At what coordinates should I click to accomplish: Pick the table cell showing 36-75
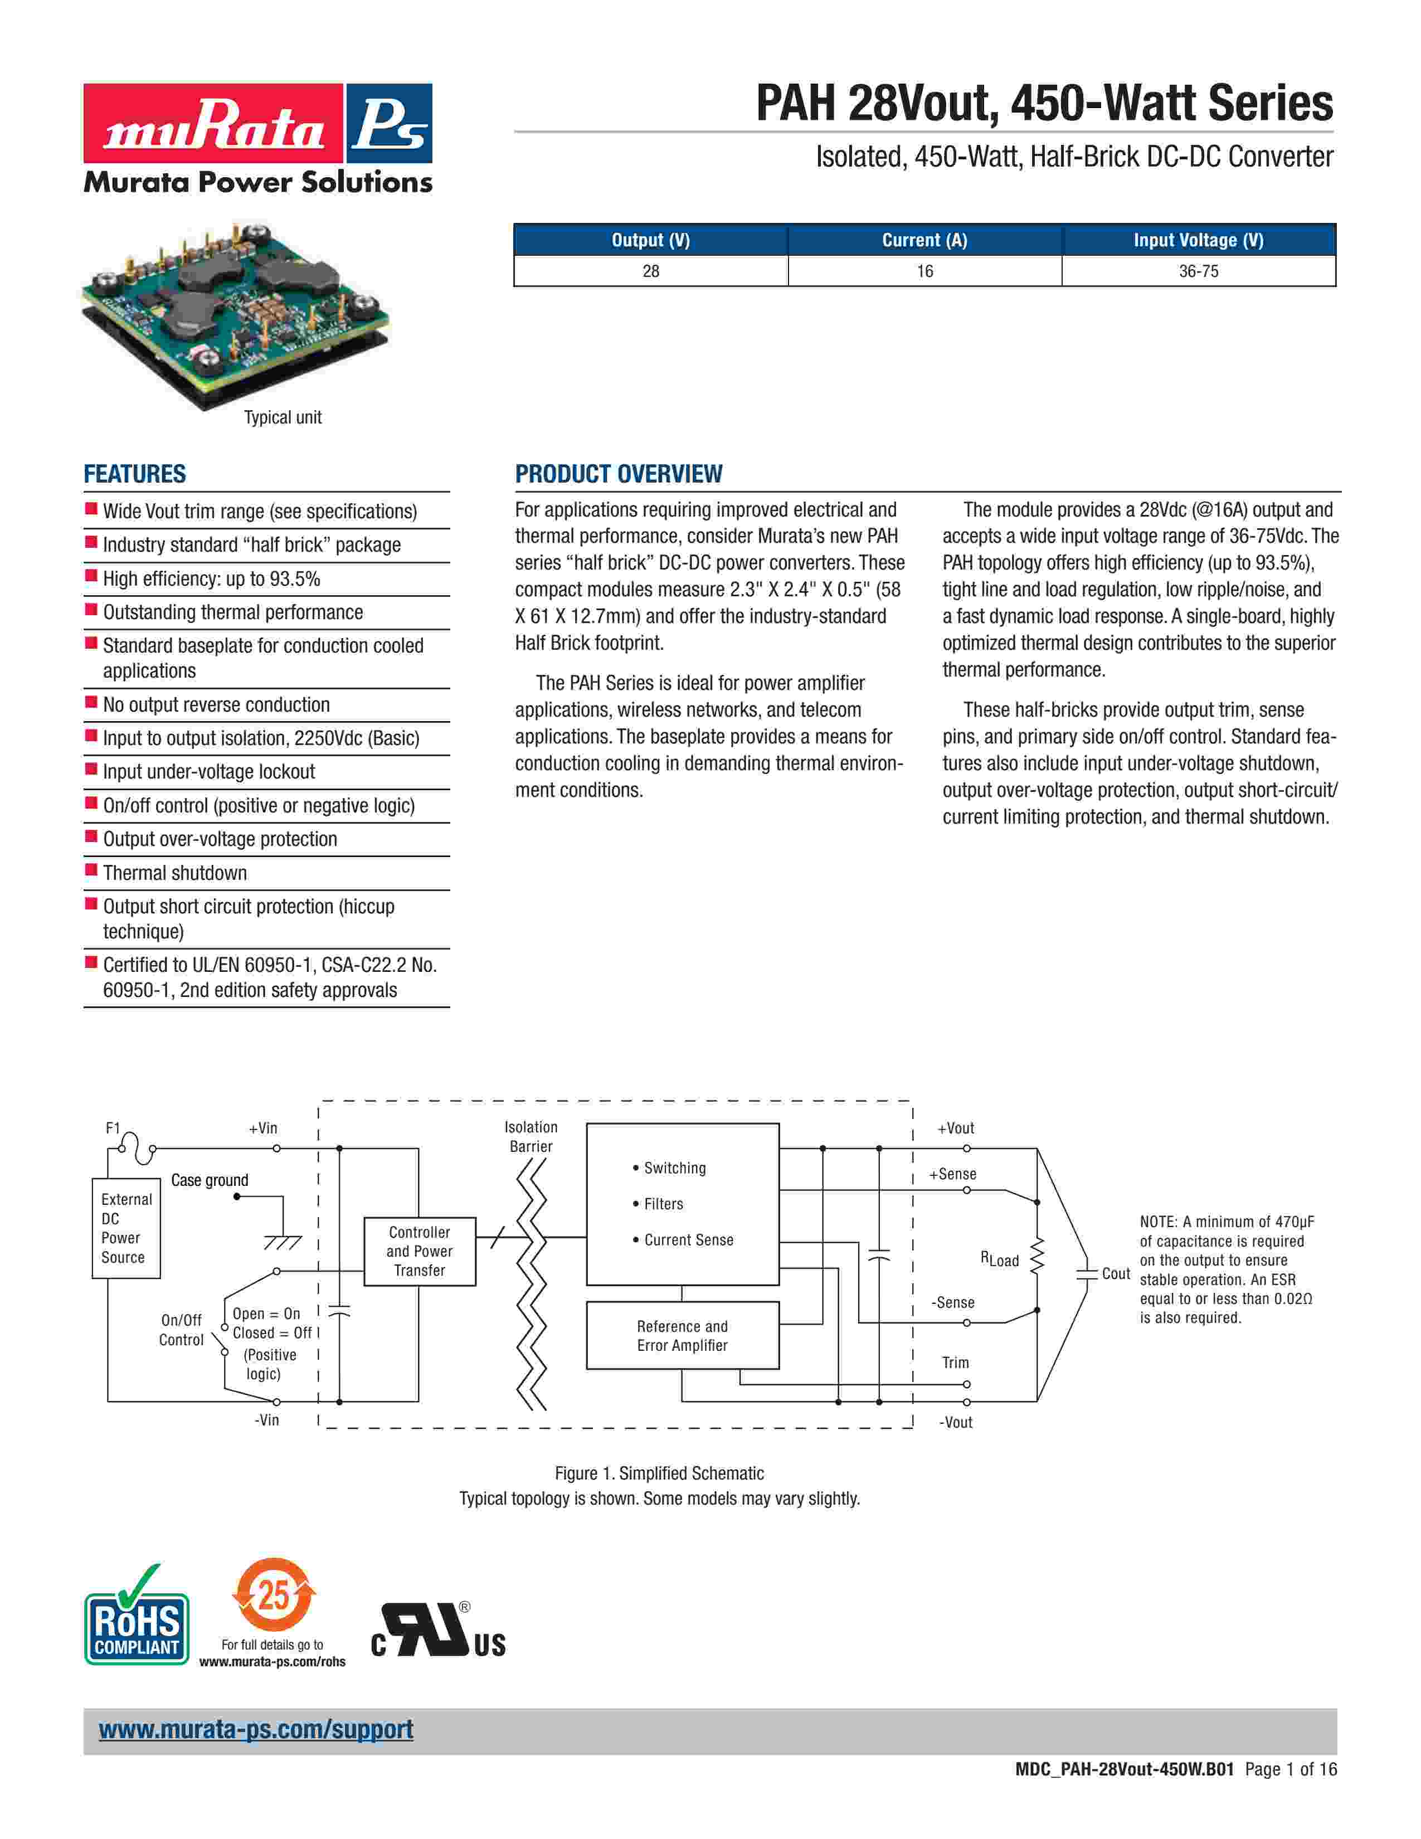coord(1198,271)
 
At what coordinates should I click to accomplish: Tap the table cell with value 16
coord(924,271)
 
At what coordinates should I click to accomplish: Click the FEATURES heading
coord(135,474)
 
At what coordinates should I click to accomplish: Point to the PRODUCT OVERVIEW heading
coord(618,474)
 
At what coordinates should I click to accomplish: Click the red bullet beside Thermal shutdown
coord(91,870)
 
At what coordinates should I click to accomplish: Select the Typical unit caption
coord(283,417)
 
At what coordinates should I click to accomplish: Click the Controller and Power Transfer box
coord(419,1251)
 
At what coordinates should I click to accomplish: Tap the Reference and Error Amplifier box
coord(682,1335)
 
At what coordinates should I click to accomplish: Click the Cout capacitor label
coord(1116,1273)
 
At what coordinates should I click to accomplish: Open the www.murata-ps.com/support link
coord(256,1730)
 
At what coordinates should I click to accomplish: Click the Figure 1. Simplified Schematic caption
coord(659,1473)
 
